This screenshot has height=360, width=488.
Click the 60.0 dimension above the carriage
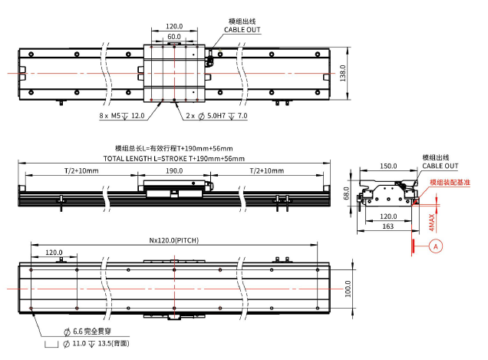click(x=174, y=36)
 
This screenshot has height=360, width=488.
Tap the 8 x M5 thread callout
click(x=122, y=116)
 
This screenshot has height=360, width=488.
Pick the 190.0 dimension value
click(x=173, y=170)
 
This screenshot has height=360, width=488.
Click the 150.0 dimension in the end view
click(x=387, y=165)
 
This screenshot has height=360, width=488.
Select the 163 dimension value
click(x=387, y=226)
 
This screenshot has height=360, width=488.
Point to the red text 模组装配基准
click(x=450, y=183)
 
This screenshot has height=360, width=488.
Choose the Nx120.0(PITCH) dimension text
click(x=173, y=240)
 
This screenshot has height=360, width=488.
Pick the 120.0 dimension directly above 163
click(x=387, y=216)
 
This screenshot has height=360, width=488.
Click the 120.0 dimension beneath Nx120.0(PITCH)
click(x=54, y=252)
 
